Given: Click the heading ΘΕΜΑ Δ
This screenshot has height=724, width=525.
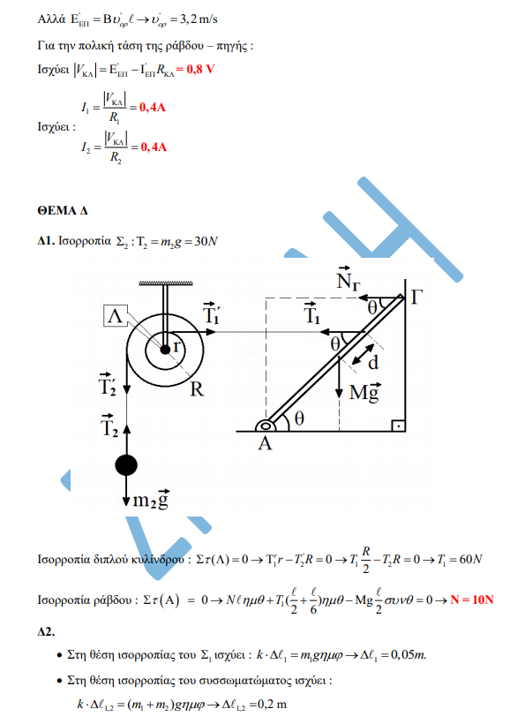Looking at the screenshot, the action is click(63, 210).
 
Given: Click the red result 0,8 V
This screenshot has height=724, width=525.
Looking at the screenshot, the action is click(200, 69).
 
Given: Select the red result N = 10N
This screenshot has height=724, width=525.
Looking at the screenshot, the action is click(472, 600).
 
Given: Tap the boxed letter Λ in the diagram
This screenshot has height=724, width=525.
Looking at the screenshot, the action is click(116, 316).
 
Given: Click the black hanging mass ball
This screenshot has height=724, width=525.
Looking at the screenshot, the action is click(126, 465).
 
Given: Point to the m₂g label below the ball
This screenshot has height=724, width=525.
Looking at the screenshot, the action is click(151, 499).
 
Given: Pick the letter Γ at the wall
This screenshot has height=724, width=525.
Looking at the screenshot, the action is click(416, 298).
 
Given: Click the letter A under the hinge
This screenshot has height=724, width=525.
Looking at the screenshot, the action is click(265, 444).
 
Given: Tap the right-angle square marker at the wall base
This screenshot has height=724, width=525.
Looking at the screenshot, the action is click(398, 425).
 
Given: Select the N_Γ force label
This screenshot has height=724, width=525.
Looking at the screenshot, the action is click(348, 279).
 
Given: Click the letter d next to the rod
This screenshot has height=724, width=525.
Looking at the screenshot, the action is click(373, 363).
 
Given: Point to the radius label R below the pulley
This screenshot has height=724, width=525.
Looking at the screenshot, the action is click(197, 389).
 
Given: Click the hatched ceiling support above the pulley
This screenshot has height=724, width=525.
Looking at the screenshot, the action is click(166, 283).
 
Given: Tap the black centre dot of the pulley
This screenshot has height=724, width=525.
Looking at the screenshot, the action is click(165, 350).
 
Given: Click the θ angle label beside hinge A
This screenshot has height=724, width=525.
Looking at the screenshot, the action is click(299, 419).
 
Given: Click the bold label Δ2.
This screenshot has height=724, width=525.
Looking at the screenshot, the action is click(46, 631).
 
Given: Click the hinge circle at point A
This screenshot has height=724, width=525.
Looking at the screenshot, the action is click(266, 426).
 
